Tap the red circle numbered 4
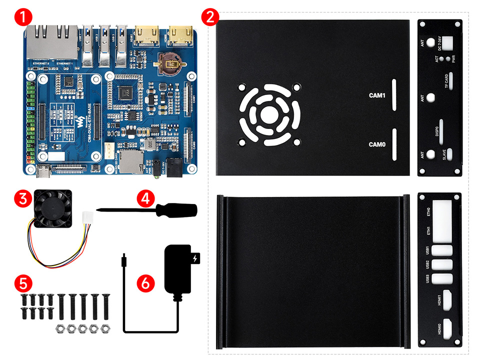(145, 199)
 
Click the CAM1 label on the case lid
(377, 95)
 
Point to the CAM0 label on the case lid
(377, 144)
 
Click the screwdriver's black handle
(177, 210)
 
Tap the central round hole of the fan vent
(269, 113)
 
